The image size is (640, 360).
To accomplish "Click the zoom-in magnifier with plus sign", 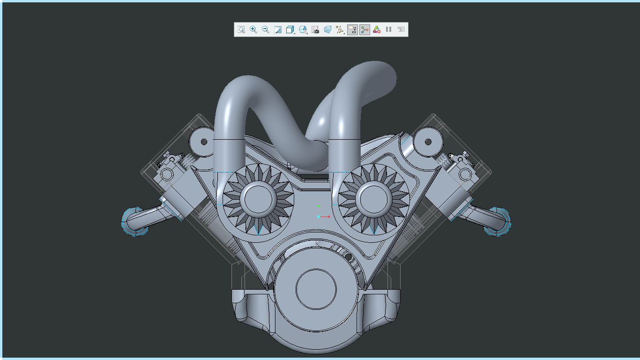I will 253,30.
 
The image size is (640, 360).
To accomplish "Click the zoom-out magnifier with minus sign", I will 266,30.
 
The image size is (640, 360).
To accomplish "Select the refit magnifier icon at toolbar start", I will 241,30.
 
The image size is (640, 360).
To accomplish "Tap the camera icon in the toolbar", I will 315,30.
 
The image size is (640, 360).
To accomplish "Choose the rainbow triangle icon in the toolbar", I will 377,30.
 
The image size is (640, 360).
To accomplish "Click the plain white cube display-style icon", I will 290,30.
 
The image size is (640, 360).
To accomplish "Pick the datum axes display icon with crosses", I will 340,30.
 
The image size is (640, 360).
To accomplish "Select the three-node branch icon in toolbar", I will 365,30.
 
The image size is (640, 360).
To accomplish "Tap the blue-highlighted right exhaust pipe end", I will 498,221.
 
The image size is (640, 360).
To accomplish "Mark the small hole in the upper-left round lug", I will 204,142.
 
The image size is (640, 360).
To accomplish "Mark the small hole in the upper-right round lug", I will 428,142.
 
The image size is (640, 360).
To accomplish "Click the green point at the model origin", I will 319,206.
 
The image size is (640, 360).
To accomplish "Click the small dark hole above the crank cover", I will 348,257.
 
